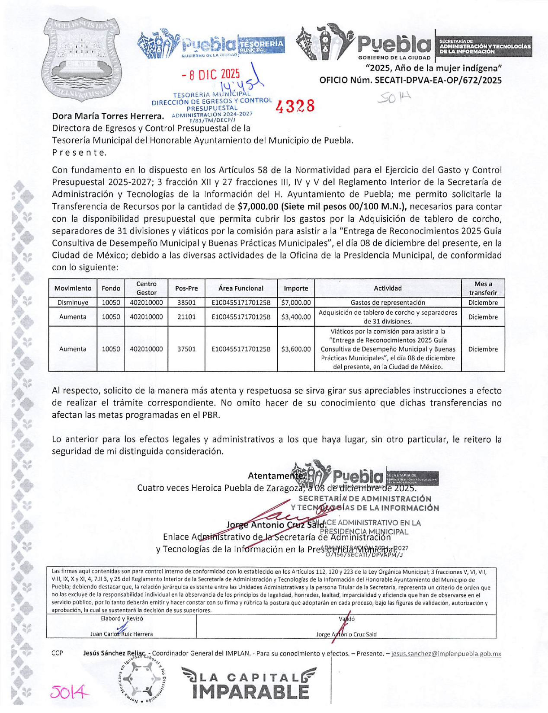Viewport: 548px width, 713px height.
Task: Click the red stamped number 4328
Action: [295, 106]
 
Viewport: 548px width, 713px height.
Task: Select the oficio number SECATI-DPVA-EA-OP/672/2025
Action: [410, 80]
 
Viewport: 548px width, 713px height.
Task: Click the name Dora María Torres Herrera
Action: [108, 116]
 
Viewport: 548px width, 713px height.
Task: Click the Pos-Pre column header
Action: [186, 288]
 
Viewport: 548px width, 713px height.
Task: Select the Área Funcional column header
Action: [241, 288]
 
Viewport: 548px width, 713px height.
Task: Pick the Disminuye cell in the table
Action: [73, 303]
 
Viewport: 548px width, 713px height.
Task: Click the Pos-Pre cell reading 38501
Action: [186, 303]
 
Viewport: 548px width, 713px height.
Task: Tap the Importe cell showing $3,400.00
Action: [296, 317]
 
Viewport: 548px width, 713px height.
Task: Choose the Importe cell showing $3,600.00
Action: [296, 349]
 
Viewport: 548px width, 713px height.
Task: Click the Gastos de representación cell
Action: [388, 303]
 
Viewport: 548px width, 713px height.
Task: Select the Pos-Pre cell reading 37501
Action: [186, 349]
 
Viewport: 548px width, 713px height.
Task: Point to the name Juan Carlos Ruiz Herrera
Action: [122, 634]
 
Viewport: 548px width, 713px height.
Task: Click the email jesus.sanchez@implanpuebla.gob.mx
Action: [446, 654]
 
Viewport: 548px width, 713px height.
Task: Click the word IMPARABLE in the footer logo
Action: [251, 691]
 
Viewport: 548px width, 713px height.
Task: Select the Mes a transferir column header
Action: [483, 288]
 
